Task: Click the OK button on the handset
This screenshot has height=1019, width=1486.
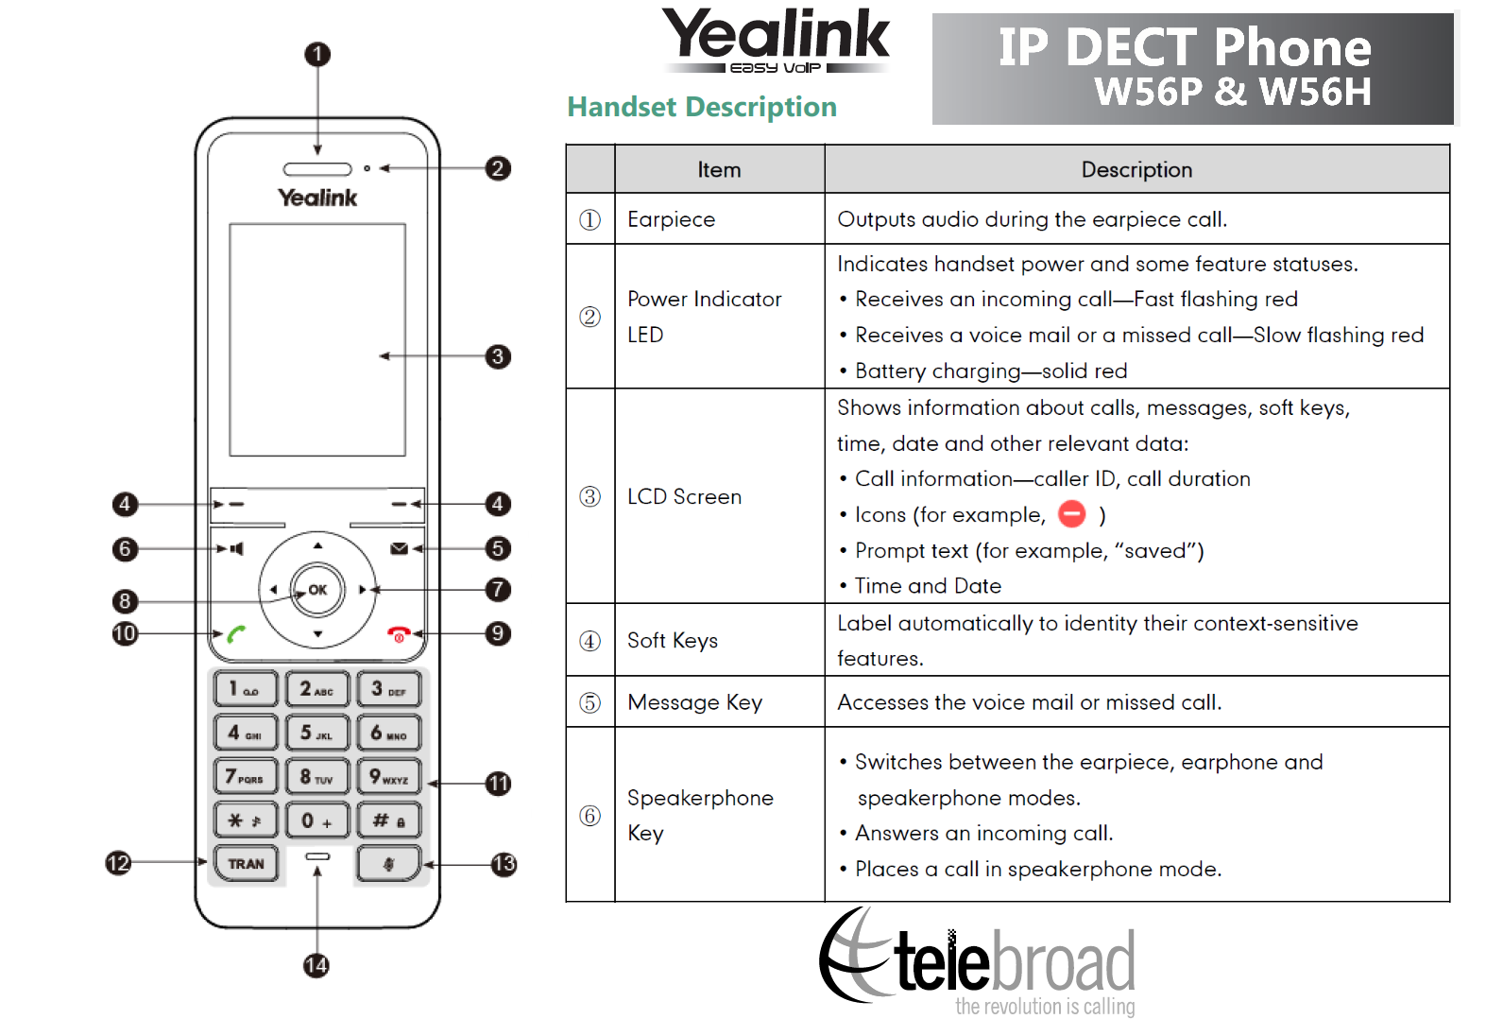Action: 317,590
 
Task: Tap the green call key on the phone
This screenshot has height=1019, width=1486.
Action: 236,634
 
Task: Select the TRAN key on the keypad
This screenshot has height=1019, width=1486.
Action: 246,863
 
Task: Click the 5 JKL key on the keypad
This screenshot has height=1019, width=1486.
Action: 316,733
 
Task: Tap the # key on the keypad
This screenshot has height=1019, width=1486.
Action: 388,820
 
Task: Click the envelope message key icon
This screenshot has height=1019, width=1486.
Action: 400,548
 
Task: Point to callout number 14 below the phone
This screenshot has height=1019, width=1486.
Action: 316,965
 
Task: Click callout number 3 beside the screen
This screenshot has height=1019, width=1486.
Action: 498,356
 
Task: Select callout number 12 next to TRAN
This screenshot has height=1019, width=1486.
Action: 118,862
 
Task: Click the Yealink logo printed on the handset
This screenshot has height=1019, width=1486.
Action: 317,198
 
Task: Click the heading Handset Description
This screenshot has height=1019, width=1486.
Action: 701,107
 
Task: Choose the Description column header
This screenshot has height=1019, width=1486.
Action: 1136,170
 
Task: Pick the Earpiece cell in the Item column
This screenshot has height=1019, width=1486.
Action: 671,219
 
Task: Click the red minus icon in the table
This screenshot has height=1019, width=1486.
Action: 1072,513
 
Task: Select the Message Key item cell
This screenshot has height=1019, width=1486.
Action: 694,702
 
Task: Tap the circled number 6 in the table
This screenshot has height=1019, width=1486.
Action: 589,815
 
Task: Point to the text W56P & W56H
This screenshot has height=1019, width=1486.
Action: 1232,92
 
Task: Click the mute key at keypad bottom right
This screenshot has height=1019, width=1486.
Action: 388,863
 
